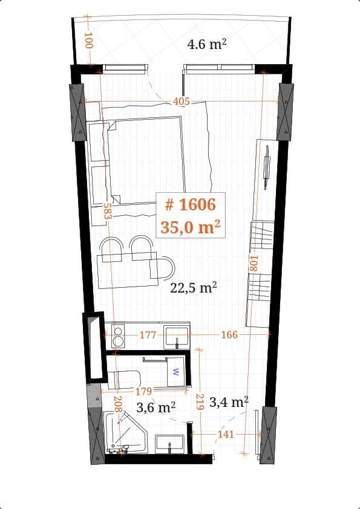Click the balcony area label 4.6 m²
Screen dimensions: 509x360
tap(206, 44)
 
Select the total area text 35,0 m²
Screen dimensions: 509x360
tap(190, 227)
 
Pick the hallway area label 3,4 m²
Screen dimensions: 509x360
tap(229, 401)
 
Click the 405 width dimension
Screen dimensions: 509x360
tap(182, 102)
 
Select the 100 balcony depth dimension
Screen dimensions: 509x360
tap(88, 41)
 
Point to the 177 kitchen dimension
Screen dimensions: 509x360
tap(148, 335)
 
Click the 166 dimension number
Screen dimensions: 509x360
tap(229, 334)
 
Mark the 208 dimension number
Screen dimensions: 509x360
tap(118, 404)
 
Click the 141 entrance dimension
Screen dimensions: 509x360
tap(225, 434)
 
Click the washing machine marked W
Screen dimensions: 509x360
tap(176, 372)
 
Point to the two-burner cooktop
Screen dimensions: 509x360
tap(118, 336)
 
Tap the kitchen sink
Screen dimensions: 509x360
tap(177, 336)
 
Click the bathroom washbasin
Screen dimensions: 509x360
tap(170, 443)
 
